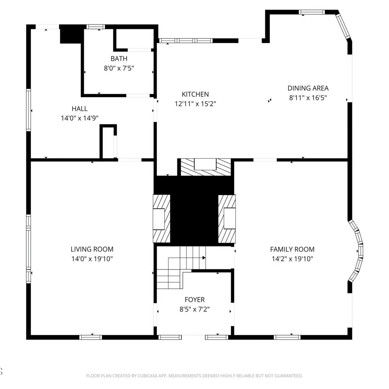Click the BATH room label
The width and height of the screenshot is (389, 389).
[119, 59]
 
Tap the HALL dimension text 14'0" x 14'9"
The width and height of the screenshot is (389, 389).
[80, 118]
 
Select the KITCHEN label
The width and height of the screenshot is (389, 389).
[195, 94]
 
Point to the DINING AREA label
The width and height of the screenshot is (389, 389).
[308, 88]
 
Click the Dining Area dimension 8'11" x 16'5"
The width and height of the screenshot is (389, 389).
[308, 98]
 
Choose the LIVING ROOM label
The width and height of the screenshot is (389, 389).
[92, 249]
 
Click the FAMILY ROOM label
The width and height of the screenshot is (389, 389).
[292, 249]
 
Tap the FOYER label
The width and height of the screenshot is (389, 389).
[195, 300]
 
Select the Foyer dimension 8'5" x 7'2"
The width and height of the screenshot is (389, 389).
[195, 309]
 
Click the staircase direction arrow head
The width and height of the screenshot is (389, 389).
[204, 258]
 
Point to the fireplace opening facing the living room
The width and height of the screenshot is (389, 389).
[159, 219]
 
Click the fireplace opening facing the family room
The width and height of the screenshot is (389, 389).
[230, 218]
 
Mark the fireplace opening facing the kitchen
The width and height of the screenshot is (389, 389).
[205, 164]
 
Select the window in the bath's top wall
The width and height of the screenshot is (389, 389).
[96, 27]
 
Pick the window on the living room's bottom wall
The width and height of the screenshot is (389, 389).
[91, 337]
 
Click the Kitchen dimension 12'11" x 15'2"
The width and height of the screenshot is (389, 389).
[195, 104]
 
